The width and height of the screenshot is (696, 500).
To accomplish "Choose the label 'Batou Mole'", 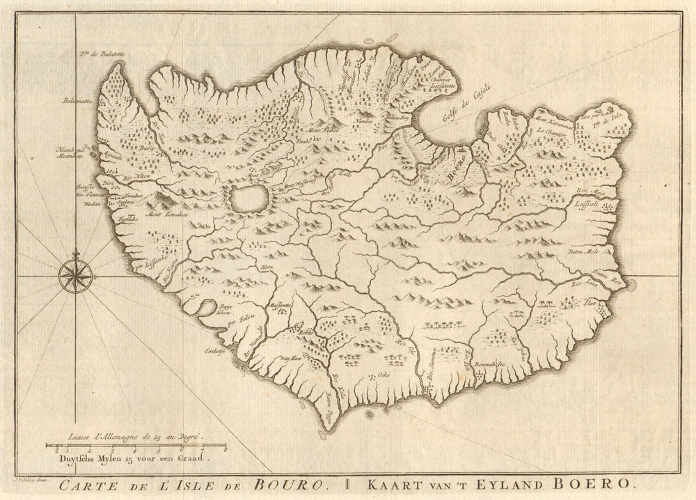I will tap(585, 251).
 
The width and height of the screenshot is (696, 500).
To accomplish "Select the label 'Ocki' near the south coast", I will tap(383, 374).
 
